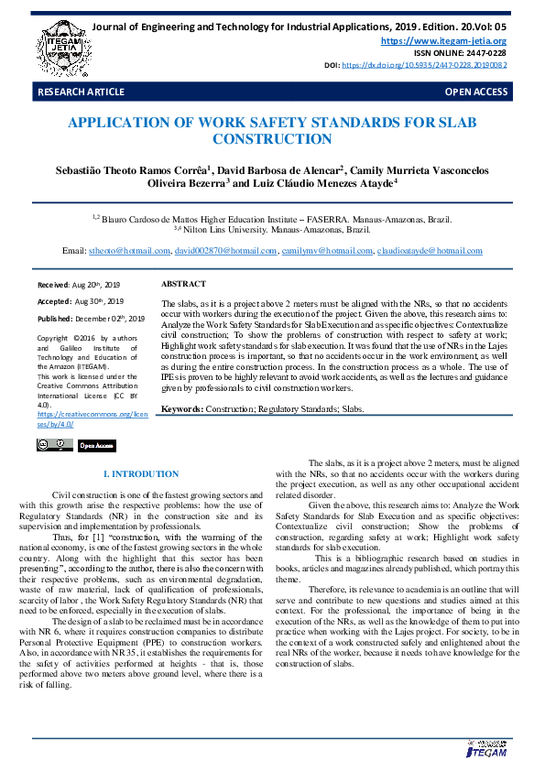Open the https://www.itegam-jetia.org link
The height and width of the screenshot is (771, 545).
(443, 41)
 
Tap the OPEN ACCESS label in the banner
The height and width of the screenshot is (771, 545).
(475, 92)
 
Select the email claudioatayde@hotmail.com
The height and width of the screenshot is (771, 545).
(430, 250)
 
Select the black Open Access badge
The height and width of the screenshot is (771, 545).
(97, 445)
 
